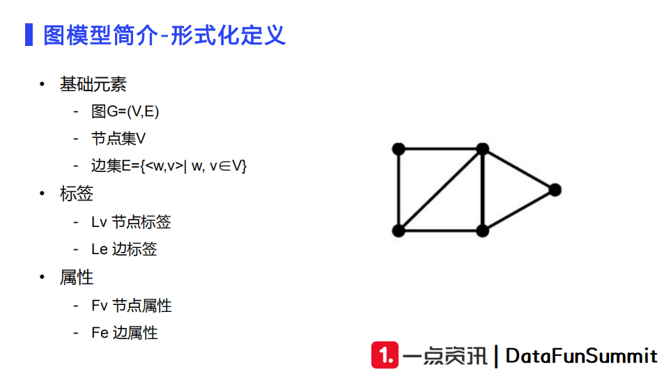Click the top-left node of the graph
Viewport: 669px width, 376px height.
(x=399, y=148)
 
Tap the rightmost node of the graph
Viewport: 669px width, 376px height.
(x=555, y=189)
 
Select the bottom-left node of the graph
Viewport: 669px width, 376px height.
(x=399, y=230)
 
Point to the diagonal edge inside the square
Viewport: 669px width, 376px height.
(x=440, y=189)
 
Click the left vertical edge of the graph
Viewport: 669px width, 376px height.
(x=399, y=189)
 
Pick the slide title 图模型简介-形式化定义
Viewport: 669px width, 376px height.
(x=164, y=35)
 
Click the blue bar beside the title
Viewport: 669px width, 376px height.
(x=29, y=35)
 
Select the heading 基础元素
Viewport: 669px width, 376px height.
(x=93, y=85)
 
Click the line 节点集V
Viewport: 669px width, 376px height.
(x=118, y=139)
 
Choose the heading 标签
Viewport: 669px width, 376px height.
(x=77, y=194)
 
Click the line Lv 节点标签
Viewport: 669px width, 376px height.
(x=131, y=222)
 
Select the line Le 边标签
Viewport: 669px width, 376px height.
(x=124, y=249)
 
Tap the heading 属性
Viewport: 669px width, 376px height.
(x=77, y=278)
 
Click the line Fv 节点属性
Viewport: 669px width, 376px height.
(x=131, y=306)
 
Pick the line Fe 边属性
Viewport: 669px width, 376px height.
(x=125, y=333)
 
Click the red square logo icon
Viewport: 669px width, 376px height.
(x=385, y=355)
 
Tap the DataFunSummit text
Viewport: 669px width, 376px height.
(x=581, y=356)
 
